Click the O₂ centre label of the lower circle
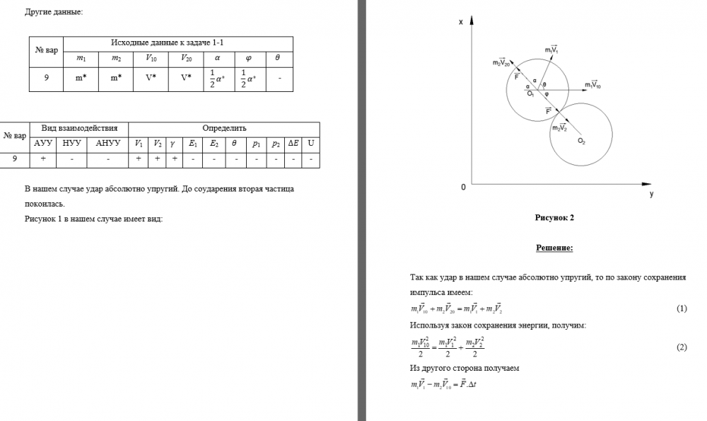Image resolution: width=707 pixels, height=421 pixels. click(x=581, y=142)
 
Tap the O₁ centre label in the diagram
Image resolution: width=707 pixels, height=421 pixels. click(x=530, y=93)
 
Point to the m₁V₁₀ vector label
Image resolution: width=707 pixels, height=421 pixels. click(x=592, y=85)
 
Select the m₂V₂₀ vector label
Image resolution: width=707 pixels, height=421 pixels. click(x=501, y=63)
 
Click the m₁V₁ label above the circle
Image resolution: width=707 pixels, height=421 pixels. click(x=551, y=50)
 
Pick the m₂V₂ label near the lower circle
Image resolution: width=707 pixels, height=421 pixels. click(x=559, y=128)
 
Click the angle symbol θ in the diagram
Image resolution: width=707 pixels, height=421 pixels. click(x=544, y=84)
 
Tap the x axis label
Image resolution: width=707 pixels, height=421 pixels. click(x=461, y=23)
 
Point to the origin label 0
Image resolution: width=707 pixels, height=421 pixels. click(x=464, y=188)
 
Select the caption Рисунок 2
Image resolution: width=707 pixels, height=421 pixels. click(x=554, y=218)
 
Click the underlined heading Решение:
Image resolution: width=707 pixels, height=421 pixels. click(x=554, y=248)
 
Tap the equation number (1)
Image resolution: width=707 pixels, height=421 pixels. click(x=682, y=309)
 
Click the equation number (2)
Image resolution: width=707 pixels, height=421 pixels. click(x=682, y=347)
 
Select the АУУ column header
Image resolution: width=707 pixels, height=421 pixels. click(x=43, y=144)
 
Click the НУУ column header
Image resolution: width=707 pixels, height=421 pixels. click(x=72, y=144)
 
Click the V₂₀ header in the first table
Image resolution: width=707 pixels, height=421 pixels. click(x=186, y=59)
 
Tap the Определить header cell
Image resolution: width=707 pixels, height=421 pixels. click(x=224, y=129)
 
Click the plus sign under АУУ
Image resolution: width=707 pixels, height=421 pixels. click(x=43, y=160)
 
